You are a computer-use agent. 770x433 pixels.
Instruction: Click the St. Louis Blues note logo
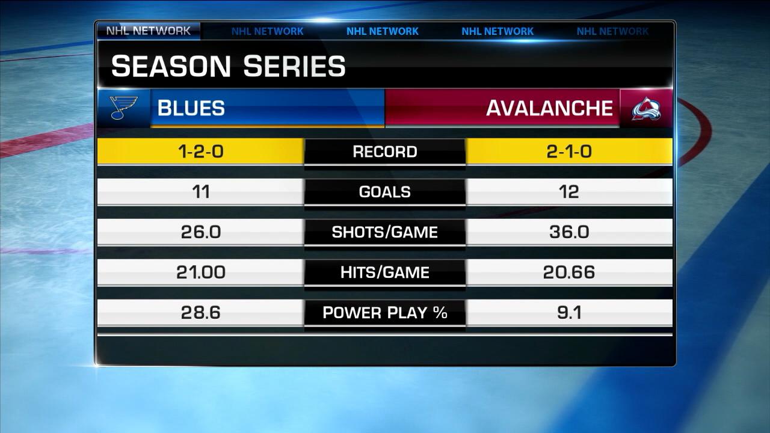[x=124, y=108]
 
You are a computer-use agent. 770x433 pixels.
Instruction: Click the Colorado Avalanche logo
[x=646, y=108]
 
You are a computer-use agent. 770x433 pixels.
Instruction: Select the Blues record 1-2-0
[x=201, y=152]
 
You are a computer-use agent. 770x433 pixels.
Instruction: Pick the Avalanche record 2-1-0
[x=568, y=152]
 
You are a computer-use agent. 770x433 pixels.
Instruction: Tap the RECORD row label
[x=385, y=152]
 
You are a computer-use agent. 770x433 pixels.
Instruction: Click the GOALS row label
[x=385, y=192]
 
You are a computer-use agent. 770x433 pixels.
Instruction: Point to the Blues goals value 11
[x=201, y=192]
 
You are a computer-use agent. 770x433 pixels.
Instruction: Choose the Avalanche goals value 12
[x=568, y=192]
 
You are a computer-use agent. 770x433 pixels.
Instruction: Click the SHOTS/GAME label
[x=385, y=232]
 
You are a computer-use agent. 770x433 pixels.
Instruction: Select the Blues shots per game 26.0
[x=201, y=232]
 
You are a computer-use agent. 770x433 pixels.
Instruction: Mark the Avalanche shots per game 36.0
[x=568, y=232]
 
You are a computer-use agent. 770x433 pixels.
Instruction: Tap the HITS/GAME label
[x=385, y=272]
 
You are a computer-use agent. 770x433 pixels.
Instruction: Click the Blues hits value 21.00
[x=201, y=272]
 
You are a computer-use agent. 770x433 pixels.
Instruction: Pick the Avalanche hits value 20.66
[x=568, y=272]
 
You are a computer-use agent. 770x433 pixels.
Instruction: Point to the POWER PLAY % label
[x=385, y=313]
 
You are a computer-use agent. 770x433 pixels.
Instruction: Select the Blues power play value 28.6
[x=201, y=313]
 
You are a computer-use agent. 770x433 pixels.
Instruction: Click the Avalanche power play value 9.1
[x=568, y=313]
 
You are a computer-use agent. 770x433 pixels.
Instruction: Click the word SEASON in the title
[x=171, y=66]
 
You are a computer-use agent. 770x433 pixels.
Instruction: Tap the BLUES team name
[x=191, y=108]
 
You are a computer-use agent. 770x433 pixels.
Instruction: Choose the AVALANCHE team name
[x=549, y=108]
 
